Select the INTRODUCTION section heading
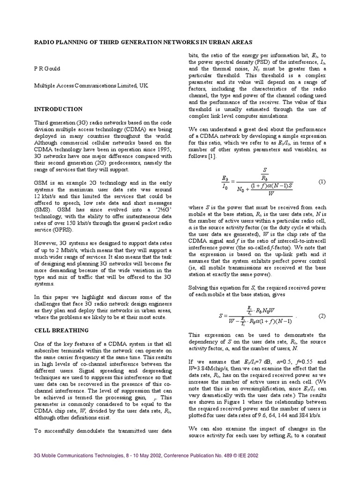click(58, 109)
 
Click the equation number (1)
click(322, 181)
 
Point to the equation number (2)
click(322, 316)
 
